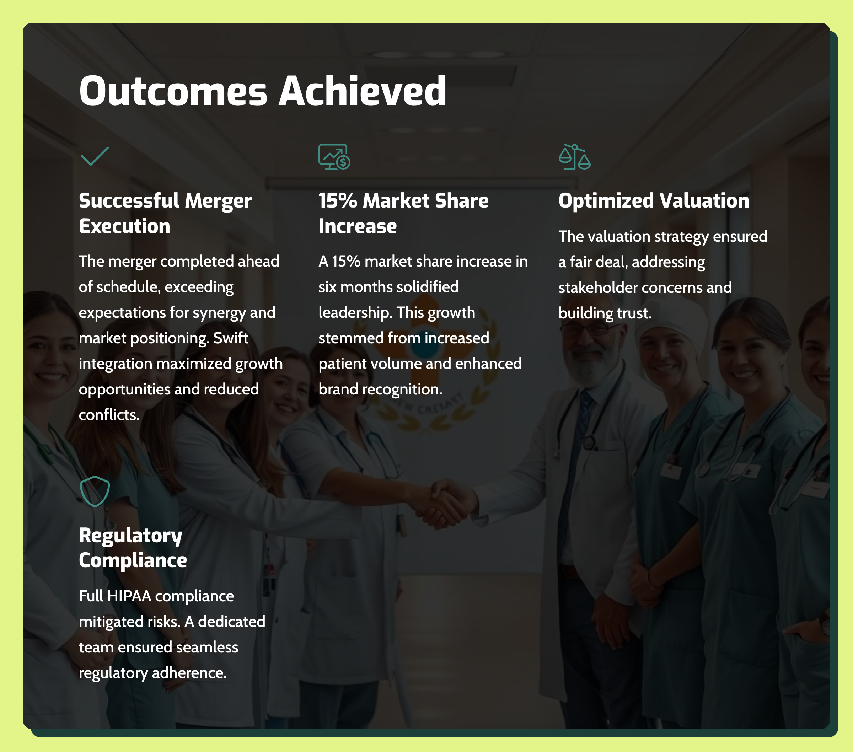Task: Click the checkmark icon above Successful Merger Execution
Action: (x=95, y=156)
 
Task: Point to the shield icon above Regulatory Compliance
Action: (x=95, y=492)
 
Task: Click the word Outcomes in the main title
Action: (x=173, y=91)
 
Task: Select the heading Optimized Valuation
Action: (x=654, y=201)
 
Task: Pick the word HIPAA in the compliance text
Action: (x=129, y=596)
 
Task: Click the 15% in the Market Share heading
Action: (x=338, y=201)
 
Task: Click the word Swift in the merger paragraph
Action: (x=231, y=338)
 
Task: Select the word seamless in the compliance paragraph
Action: (x=207, y=647)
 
